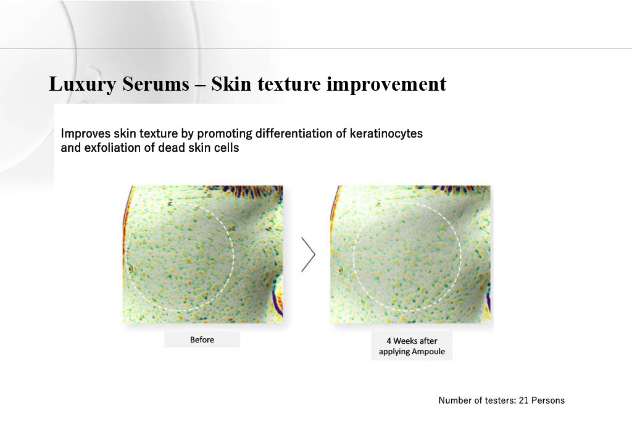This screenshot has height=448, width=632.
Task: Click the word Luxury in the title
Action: pyautogui.click(x=83, y=85)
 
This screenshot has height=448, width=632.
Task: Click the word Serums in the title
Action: pyautogui.click(x=156, y=84)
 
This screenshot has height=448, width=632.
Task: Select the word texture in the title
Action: pyautogui.click(x=289, y=84)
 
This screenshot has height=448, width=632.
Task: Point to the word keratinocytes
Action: pyautogui.click(x=386, y=133)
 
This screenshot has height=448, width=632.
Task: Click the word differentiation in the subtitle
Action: pyautogui.click(x=301, y=133)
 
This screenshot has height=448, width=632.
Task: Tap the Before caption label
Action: pyautogui.click(x=202, y=339)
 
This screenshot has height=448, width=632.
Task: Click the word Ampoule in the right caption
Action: pyautogui.click(x=428, y=351)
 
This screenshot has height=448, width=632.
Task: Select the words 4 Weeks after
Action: pyautogui.click(x=412, y=341)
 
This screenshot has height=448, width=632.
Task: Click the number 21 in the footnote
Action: pyautogui.click(x=523, y=400)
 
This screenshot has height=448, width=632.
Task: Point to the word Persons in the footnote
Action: pyautogui.click(x=548, y=400)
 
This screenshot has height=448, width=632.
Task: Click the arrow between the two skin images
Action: pyautogui.click(x=309, y=254)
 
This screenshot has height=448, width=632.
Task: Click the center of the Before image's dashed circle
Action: pyautogui.click(x=180, y=256)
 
